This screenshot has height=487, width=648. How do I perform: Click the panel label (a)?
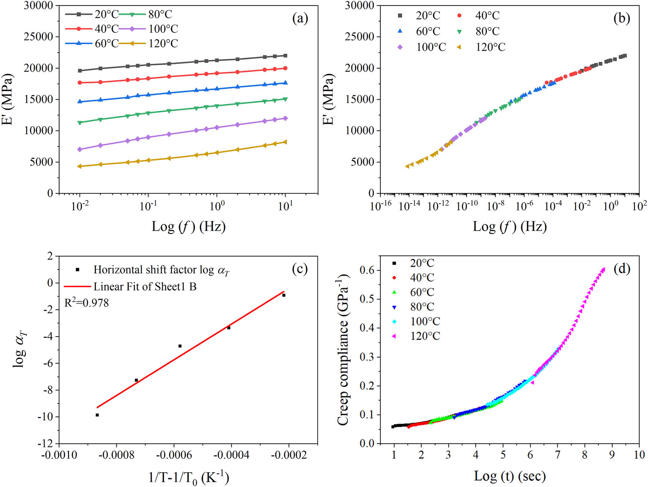click(x=300, y=19)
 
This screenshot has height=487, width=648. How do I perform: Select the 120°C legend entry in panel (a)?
click(x=163, y=44)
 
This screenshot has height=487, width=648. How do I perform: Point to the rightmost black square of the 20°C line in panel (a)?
click(x=285, y=56)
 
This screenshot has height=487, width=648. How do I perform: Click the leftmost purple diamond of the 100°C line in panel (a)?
click(x=80, y=149)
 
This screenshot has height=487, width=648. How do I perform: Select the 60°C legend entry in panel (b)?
click(x=428, y=32)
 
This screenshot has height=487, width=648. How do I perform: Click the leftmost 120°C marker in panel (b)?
click(x=407, y=166)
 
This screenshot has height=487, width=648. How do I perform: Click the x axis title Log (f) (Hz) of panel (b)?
click(x=510, y=226)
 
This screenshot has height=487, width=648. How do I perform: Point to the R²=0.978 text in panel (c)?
click(x=87, y=303)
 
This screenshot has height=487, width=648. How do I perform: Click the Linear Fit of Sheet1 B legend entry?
click(x=144, y=286)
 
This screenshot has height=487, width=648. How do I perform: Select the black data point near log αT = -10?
click(x=97, y=415)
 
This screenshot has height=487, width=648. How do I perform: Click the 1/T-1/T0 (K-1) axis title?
click(x=188, y=477)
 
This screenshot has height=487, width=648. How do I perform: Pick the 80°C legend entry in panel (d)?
click(x=422, y=307)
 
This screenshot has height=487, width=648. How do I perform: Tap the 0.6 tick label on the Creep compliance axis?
click(x=367, y=270)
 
